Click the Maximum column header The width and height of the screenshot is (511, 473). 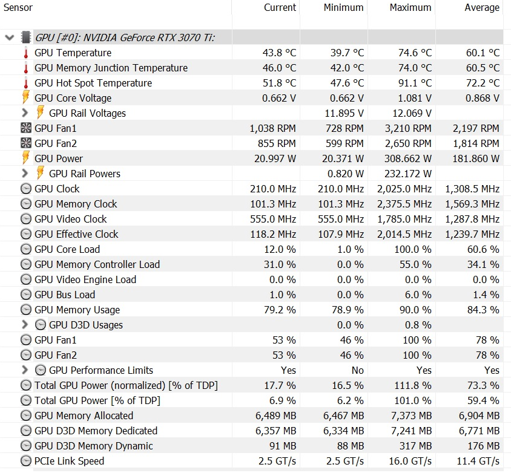pos(410,7)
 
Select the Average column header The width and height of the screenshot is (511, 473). pos(482,7)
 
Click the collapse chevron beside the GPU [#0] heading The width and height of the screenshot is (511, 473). pos(10,38)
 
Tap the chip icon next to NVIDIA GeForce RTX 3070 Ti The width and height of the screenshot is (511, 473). pos(26,38)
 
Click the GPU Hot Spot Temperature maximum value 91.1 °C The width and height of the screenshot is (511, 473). pos(415,83)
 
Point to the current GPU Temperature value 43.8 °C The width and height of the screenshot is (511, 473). pos(279,53)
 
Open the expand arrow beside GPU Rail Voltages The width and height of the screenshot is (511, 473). pos(25,113)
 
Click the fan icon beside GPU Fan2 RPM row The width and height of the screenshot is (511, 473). pos(26,143)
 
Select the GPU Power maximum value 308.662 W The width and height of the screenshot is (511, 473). pos(407,158)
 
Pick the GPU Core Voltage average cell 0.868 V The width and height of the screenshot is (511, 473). pos(483,98)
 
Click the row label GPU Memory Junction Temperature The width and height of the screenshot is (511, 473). pos(111,68)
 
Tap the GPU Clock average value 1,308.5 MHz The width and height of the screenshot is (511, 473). pos(472,189)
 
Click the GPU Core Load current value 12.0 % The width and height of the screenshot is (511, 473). pos(280,249)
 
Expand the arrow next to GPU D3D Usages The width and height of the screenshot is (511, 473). pos(25,325)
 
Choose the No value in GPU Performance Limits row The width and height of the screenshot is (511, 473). pos(357,370)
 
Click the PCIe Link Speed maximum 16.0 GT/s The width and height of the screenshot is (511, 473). pos(410,461)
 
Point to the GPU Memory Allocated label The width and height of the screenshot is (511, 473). pos(84,416)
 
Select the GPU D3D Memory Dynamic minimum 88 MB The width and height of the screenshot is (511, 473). pos(351,446)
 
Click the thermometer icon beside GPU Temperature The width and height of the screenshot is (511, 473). pos(26,53)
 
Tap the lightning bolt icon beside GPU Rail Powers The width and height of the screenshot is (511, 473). pos(40,173)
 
